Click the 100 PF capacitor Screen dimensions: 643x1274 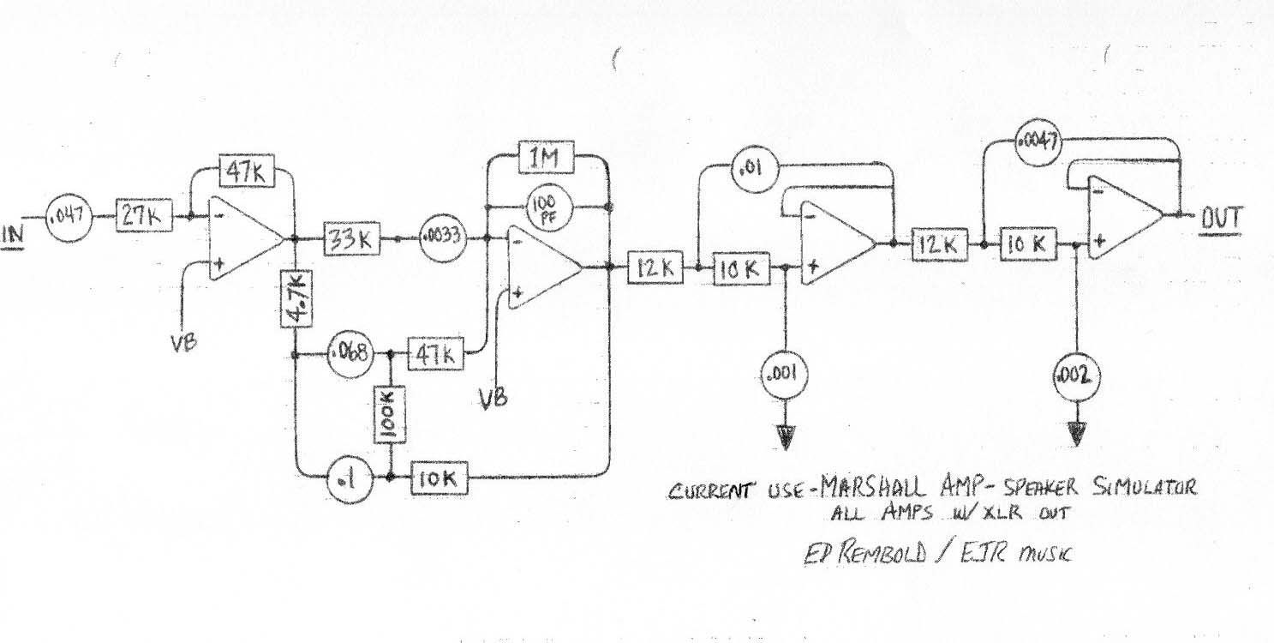544,206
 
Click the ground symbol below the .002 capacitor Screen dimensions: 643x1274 1076,432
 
